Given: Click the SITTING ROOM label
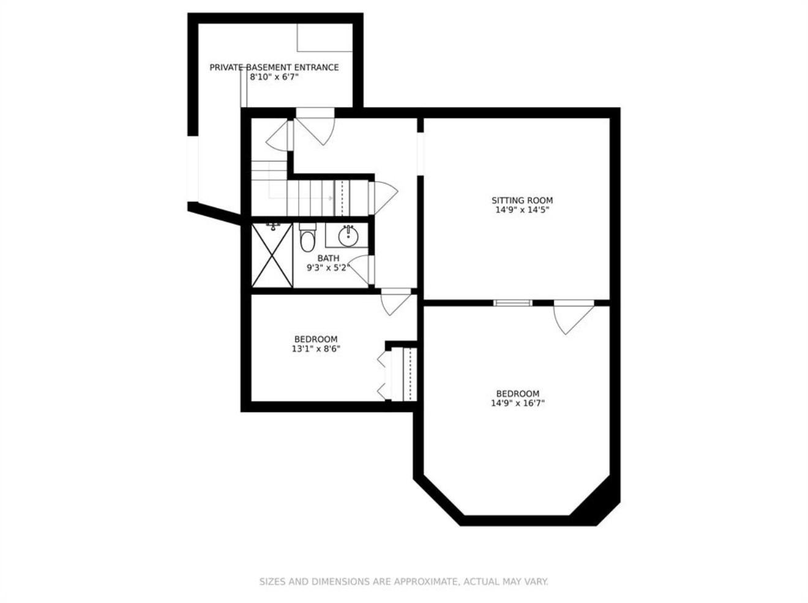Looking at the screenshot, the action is click(522, 201).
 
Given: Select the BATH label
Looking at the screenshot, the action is click(328, 258).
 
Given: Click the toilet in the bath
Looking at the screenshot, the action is click(307, 237).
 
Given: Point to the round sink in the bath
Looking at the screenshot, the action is click(348, 237).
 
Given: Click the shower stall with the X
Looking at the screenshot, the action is click(272, 255).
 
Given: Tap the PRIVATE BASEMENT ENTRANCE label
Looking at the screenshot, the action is click(274, 67).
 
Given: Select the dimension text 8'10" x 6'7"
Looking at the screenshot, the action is click(274, 77).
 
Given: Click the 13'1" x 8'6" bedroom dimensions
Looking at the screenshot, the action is click(316, 349).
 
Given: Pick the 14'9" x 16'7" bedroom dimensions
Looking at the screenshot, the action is click(518, 403).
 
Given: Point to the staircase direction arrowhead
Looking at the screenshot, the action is click(331, 198).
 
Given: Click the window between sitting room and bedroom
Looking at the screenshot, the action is click(513, 303).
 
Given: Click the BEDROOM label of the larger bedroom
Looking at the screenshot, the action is click(518, 393).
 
